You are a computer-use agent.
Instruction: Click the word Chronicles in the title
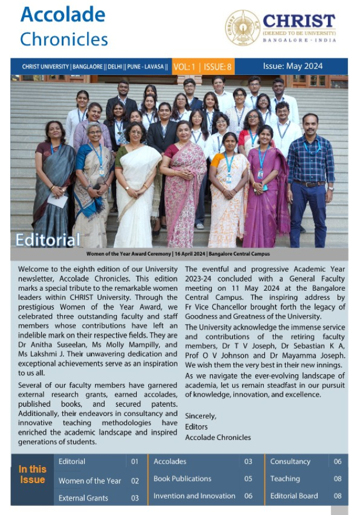(x=64, y=39)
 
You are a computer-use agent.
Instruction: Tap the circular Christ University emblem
(x=243, y=28)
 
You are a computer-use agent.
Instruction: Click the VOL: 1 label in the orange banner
(x=184, y=67)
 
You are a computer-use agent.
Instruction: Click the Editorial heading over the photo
(x=48, y=239)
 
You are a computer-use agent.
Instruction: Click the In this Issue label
(x=32, y=474)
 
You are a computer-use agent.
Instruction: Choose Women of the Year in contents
(x=90, y=481)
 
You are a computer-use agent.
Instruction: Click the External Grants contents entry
(x=83, y=498)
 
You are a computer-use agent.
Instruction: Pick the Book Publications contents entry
(x=182, y=478)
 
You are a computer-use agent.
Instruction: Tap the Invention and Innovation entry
(x=194, y=496)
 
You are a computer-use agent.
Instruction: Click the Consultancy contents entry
(x=290, y=461)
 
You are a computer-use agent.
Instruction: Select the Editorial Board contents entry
(x=294, y=496)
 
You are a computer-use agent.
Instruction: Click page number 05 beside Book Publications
(x=248, y=478)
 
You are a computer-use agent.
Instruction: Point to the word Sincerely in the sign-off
(x=200, y=415)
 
